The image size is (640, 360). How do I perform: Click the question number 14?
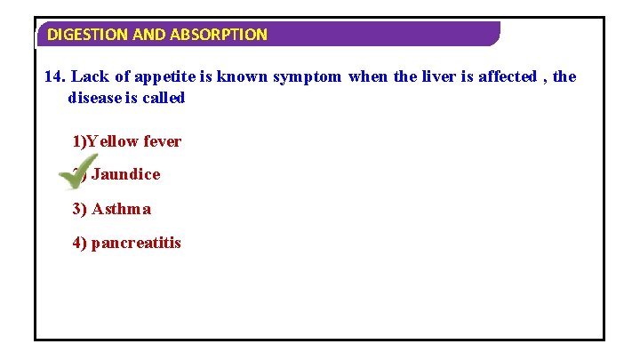pyautogui.click(x=54, y=76)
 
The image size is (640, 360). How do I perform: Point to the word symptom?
pyautogui.click(x=307, y=76)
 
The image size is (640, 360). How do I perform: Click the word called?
pyautogui.click(x=164, y=98)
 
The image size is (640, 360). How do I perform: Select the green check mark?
pyautogui.click(x=78, y=172)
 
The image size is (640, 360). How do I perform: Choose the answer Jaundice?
pyautogui.click(x=125, y=174)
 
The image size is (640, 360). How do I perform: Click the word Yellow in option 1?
pyautogui.click(x=113, y=141)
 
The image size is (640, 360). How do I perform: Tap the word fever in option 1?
pyautogui.click(x=162, y=141)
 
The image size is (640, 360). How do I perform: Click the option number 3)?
pyautogui.click(x=80, y=209)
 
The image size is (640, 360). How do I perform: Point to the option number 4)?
pyautogui.click(x=80, y=243)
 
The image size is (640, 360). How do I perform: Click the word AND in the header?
pyautogui.click(x=145, y=35)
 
